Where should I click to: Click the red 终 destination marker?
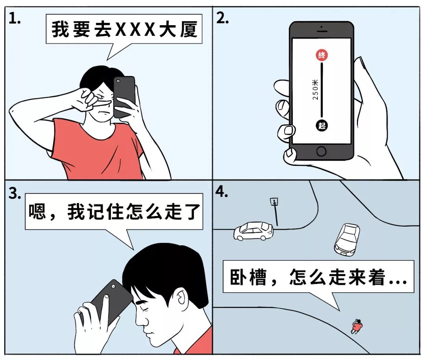[322, 55]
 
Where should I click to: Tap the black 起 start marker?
[322, 126]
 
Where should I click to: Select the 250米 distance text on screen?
[315, 90]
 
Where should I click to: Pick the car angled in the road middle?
[346, 239]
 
